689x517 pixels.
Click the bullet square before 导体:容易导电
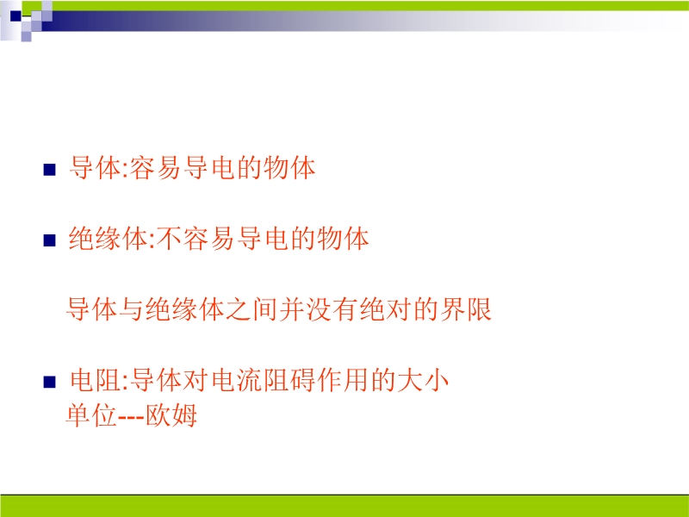tap(50, 170)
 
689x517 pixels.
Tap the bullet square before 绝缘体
tap(50, 240)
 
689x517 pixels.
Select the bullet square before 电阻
tap(50, 382)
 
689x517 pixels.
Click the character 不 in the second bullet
tap(169, 239)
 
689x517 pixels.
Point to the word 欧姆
tap(171, 415)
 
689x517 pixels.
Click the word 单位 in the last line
tap(91, 415)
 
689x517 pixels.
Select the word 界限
tap(466, 309)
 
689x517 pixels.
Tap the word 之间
tap(251, 309)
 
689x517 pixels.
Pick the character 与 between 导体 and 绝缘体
tap(131, 309)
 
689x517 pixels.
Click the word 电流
tap(238, 380)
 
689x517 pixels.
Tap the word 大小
tap(423, 380)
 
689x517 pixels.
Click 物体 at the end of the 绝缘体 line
tap(343, 239)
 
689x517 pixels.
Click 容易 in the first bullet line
tap(157, 168)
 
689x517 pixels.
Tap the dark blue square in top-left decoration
tap(16, 16)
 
